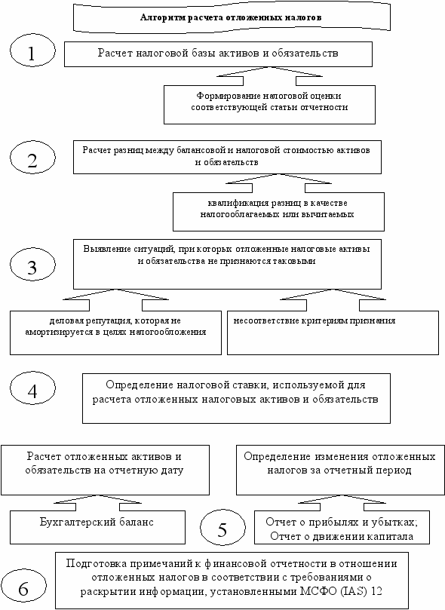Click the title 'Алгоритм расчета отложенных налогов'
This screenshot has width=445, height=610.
point(231,17)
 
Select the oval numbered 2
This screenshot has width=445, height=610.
point(32,158)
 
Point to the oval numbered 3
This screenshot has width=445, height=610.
point(32,265)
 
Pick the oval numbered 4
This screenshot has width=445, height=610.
point(32,388)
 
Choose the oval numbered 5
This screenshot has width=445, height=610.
point(222,527)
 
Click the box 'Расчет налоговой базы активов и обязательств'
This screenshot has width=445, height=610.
point(218,54)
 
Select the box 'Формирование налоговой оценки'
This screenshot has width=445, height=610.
point(269,105)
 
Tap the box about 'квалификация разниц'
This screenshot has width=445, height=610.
point(278,212)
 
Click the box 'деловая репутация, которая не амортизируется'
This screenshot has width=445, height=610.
point(115,333)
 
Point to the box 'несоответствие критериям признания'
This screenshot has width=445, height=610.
point(333,333)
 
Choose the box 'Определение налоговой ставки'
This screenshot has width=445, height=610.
point(236,398)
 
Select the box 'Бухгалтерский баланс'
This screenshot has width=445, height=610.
point(97,527)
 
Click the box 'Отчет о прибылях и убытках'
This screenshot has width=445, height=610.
point(342,527)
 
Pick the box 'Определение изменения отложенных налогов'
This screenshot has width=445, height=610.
point(340,470)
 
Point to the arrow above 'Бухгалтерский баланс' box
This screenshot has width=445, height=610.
point(97,503)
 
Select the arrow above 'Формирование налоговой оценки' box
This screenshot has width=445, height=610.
point(269,76)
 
